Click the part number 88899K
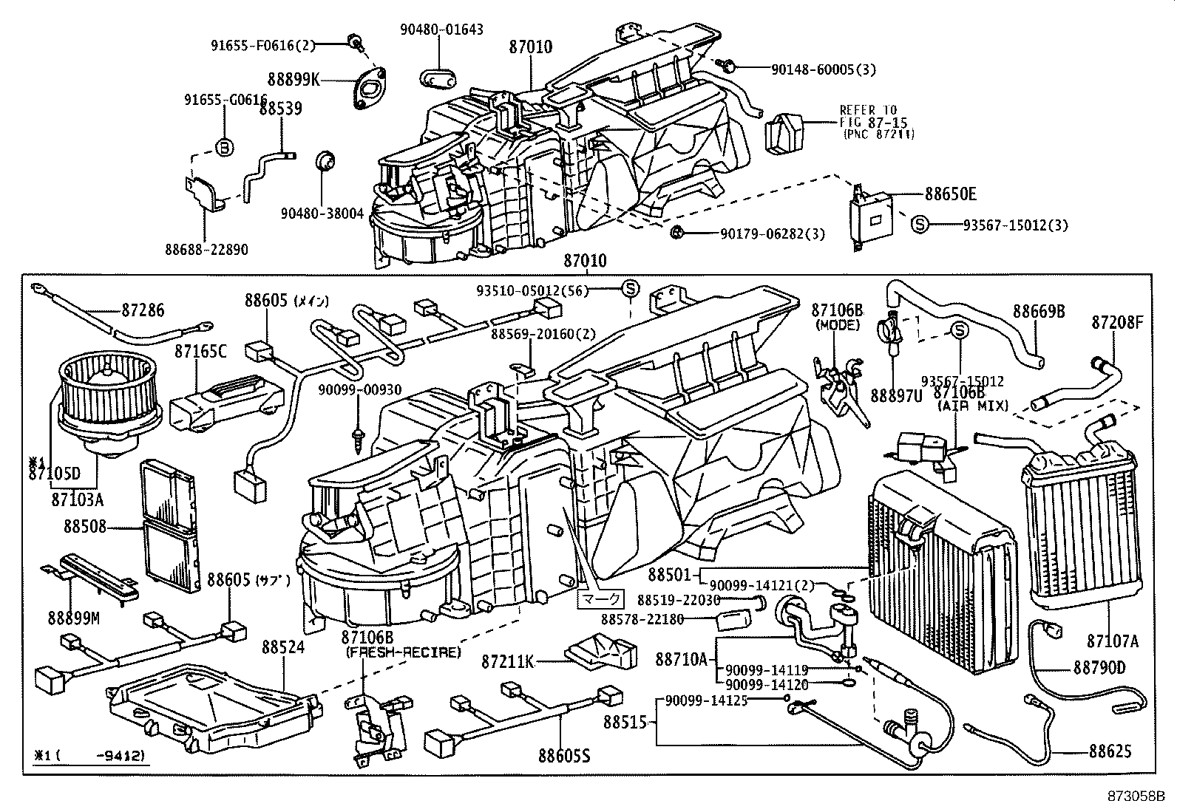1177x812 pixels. point(294,79)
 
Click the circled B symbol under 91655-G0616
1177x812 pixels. point(224,147)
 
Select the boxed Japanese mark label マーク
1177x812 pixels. point(599,598)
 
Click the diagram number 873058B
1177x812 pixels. point(1136,797)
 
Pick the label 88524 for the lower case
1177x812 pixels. point(282,647)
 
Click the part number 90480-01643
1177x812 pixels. point(442,30)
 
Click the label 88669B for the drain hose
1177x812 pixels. point(1039,311)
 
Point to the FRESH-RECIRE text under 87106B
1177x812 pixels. point(403,652)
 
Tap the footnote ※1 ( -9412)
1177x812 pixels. point(89,756)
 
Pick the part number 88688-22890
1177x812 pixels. point(206,250)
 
